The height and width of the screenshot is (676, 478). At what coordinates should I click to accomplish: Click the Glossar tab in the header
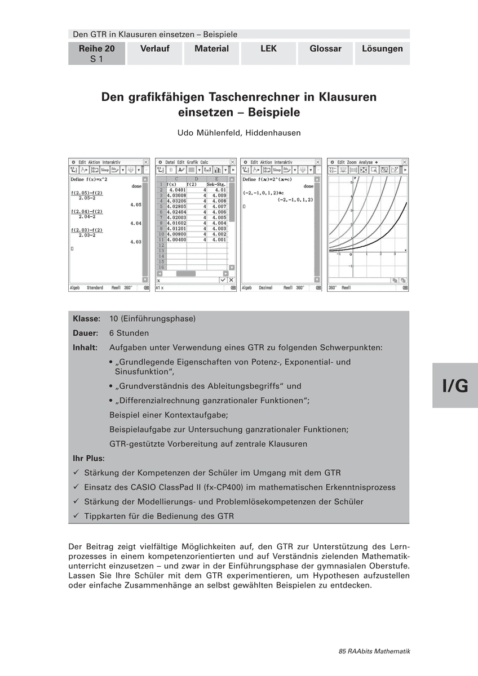(x=325, y=49)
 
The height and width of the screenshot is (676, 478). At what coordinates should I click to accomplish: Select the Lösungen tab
(x=382, y=49)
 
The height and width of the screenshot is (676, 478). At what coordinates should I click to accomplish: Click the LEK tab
(x=268, y=49)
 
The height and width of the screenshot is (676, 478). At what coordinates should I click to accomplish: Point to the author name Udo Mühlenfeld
(x=239, y=133)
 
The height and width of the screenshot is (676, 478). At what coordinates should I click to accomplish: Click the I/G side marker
(x=455, y=385)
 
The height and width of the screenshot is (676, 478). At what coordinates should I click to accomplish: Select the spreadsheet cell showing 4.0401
(x=177, y=190)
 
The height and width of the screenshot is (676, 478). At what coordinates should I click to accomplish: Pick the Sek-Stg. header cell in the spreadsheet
(x=217, y=184)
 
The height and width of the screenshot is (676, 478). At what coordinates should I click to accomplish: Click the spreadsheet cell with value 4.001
(x=218, y=239)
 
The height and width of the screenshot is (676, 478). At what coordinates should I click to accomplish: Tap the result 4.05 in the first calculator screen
(x=135, y=204)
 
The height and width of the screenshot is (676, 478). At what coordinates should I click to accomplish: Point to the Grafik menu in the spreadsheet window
(x=192, y=162)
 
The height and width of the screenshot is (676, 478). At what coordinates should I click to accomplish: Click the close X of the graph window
(x=405, y=162)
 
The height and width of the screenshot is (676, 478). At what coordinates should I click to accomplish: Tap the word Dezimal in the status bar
(x=265, y=287)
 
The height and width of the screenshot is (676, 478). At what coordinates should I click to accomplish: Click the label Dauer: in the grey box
(x=86, y=333)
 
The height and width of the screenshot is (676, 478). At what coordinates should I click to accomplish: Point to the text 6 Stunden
(x=129, y=333)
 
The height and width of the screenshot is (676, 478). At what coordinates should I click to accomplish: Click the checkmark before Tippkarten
(x=76, y=516)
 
